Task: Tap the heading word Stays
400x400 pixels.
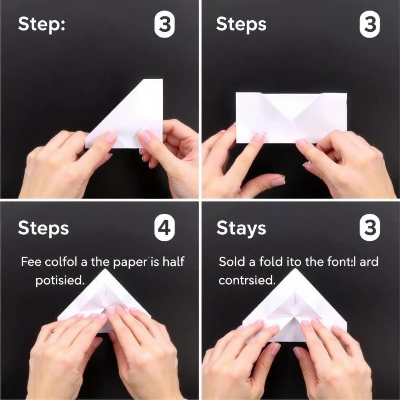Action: tap(241, 228)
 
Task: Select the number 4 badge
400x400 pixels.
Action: tap(164, 228)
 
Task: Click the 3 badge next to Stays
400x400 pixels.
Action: tap(370, 228)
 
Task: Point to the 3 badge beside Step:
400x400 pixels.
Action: tap(164, 25)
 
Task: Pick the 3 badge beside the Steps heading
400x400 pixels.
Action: tap(370, 25)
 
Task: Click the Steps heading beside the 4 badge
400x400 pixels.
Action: tap(43, 229)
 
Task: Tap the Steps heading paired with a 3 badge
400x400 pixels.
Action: tap(241, 25)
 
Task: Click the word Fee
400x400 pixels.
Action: tap(31, 261)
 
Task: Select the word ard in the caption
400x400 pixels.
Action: tap(369, 261)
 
